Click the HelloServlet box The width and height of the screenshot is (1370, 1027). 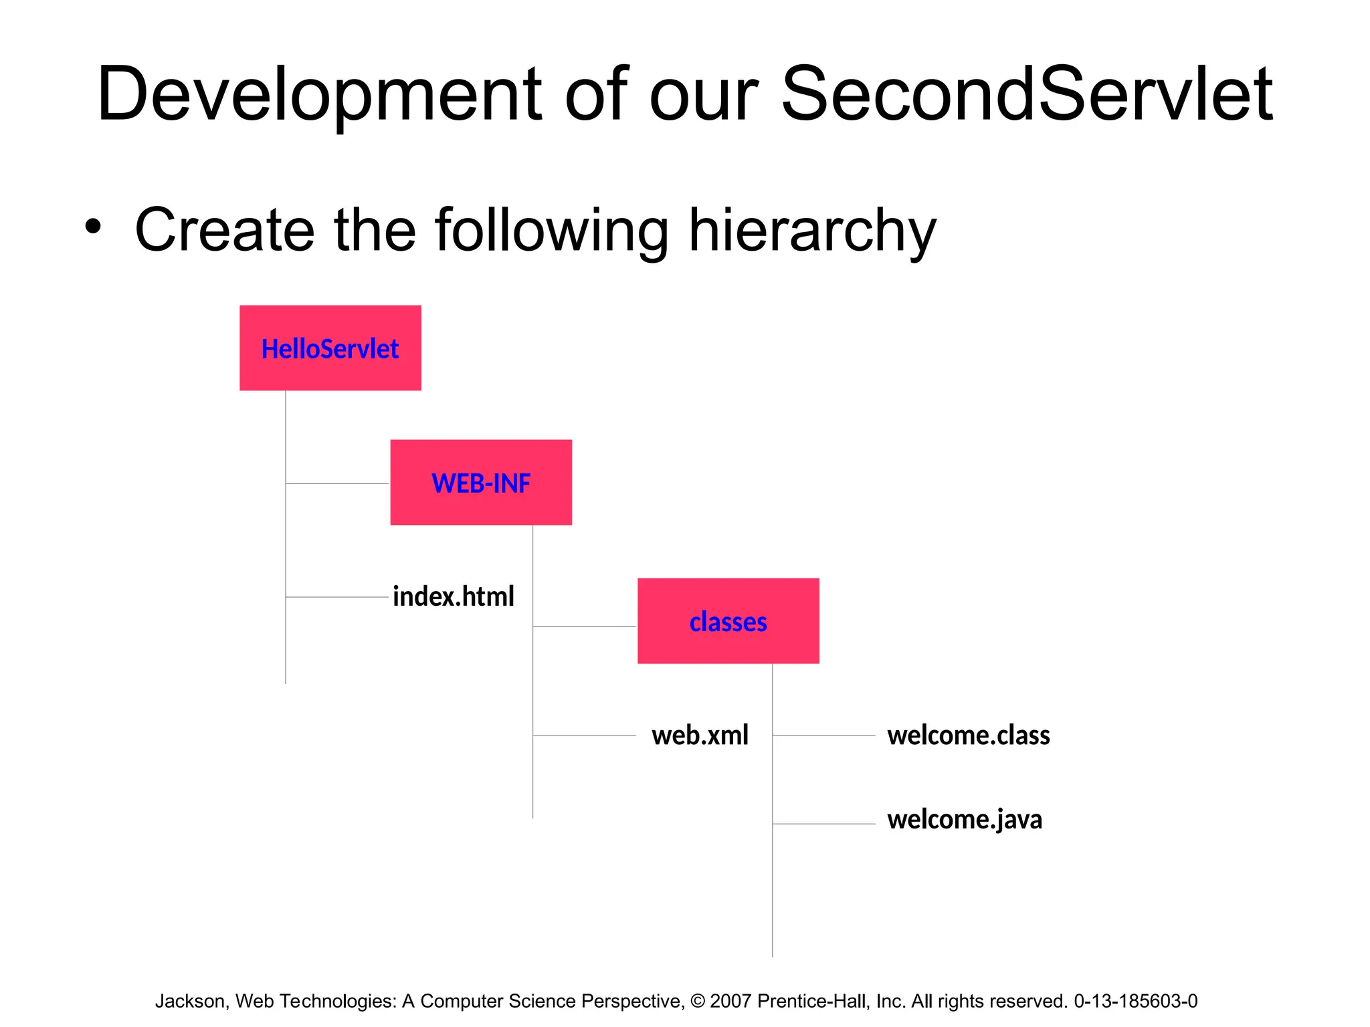330,348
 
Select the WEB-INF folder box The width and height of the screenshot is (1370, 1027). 480,482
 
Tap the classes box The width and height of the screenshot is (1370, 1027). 728,621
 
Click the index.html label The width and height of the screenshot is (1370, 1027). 453,596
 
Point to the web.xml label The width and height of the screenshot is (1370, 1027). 700,735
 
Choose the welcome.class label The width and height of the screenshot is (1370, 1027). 968,735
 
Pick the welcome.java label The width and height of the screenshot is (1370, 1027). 964,819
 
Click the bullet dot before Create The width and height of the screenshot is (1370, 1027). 93,226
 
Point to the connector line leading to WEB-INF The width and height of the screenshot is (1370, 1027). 337,483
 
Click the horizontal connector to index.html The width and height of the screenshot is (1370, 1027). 337,596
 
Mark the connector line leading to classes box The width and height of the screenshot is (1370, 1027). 584,626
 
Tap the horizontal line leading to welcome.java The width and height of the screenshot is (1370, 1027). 823,824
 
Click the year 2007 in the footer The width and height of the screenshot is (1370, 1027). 730,1001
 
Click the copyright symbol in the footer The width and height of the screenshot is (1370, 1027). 697,1001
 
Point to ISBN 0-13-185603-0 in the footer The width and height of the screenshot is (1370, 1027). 1135,1001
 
